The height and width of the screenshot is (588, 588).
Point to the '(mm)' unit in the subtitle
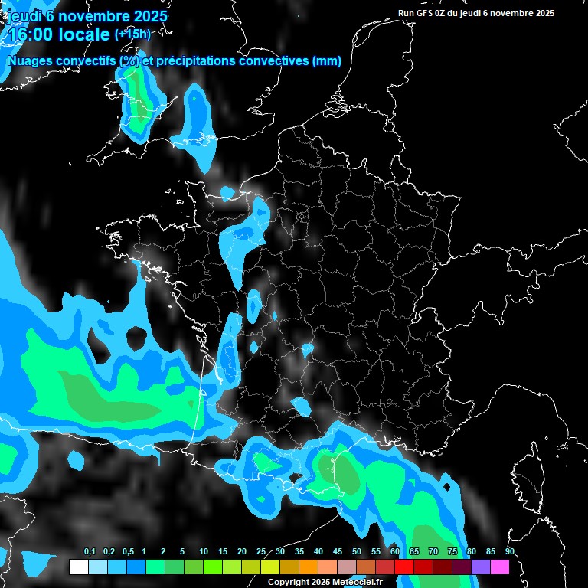point(327,60)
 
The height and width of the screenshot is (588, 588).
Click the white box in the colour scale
point(78,567)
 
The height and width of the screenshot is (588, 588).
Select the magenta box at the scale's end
point(500,567)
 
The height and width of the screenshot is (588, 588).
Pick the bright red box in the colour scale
point(404,567)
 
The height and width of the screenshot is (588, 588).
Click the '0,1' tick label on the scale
point(90,551)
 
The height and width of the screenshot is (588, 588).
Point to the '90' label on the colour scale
point(510,551)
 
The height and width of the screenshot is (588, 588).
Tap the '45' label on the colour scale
point(338,551)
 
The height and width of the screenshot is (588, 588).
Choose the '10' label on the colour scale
point(204,551)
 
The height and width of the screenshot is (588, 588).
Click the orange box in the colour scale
point(309,567)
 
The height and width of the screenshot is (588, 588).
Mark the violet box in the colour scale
point(481,567)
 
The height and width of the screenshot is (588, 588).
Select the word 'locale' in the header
point(82,34)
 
